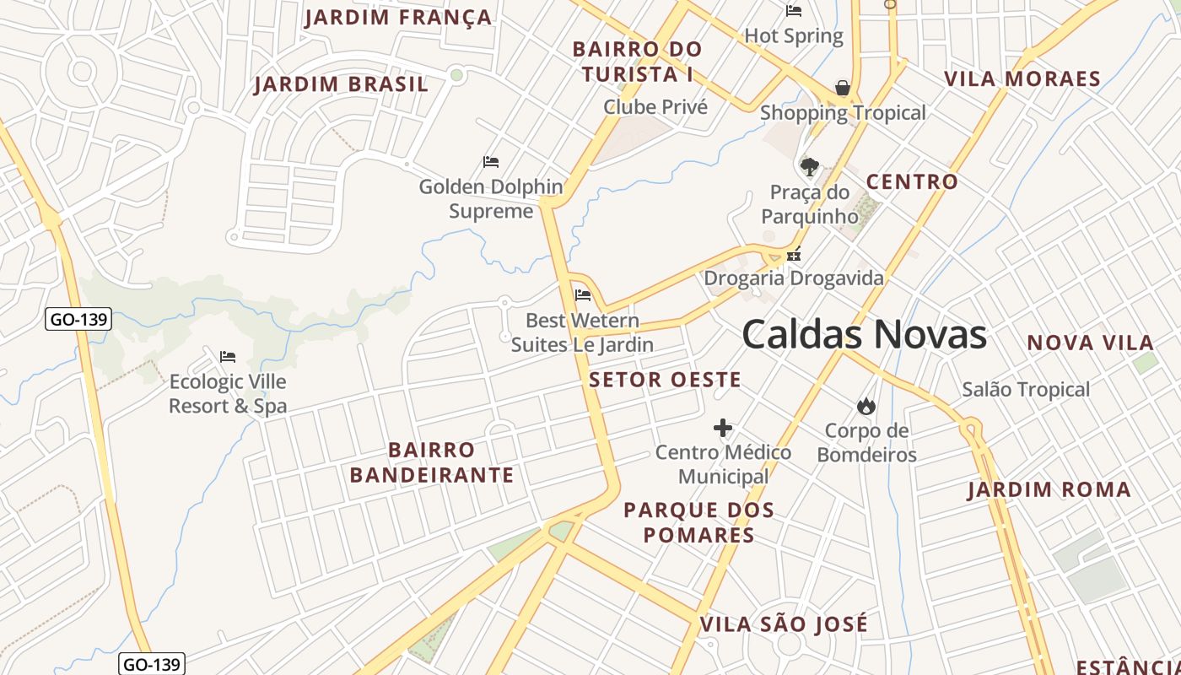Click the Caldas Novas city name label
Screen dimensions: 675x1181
(864, 335)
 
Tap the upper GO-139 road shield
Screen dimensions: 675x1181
(78, 320)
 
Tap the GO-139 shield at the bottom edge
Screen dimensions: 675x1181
(151, 664)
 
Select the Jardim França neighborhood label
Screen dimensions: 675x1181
(398, 18)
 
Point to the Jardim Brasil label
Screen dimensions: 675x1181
(342, 84)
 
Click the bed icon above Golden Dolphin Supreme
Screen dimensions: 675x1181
(491, 162)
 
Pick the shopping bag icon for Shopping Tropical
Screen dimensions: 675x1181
(842, 88)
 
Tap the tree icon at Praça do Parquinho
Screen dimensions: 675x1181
(809, 167)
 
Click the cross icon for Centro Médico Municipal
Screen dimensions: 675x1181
(723, 429)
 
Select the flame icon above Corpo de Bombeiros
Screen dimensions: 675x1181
(866, 407)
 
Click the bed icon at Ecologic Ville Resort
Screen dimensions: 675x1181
(227, 357)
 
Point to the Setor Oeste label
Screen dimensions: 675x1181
(665, 380)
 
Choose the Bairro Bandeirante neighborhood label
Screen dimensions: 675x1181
(432, 462)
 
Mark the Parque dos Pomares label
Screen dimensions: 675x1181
(698, 522)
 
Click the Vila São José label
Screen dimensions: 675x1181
(784, 624)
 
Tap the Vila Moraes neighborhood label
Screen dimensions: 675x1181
(1022, 79)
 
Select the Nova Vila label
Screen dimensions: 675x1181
(1090, 343)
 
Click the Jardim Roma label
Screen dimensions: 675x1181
(1049, 489)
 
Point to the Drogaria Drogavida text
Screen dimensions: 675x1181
(794, 278)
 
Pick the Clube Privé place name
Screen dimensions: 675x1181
(655, 107)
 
